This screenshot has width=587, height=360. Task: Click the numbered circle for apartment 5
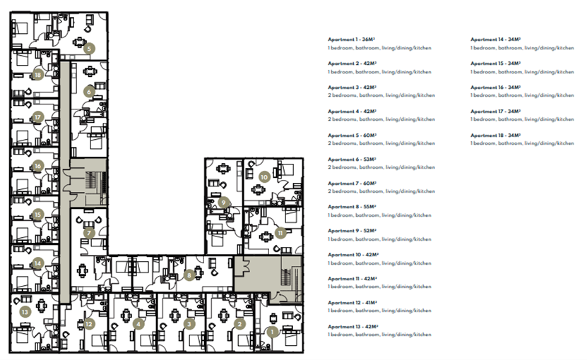(88, 49)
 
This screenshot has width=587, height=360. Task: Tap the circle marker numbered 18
(38, 74)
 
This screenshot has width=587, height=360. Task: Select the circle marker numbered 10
(264, 176)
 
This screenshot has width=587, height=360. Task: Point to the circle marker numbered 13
(25, 311)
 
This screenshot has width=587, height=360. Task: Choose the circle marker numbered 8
(189, 275)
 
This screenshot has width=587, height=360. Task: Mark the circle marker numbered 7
(89, 232)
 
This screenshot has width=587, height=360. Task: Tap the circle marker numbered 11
(280, 232)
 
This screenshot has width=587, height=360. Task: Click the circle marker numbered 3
(189, 324)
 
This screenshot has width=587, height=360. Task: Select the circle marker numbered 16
(38, 167)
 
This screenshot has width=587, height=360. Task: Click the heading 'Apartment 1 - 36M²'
(352, 40)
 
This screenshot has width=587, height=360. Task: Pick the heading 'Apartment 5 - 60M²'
(352, 135)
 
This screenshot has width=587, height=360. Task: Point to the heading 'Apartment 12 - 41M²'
(354, 302)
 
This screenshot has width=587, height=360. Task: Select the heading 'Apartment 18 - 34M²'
(495, 135)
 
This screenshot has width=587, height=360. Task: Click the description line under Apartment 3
(380, 95)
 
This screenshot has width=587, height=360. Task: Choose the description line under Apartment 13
(379, 335)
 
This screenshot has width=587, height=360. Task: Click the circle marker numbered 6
(89, 91)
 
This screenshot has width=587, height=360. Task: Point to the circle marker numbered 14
(38, 263)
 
